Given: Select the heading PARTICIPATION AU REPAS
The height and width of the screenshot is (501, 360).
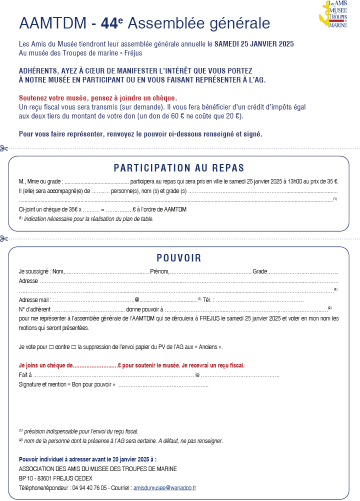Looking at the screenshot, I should click(178, 168).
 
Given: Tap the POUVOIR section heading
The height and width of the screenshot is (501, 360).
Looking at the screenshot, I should click(178, 258).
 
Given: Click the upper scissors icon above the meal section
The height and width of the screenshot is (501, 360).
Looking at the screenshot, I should click(4, 148).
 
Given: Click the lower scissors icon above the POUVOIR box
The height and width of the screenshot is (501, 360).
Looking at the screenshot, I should click(4, 238).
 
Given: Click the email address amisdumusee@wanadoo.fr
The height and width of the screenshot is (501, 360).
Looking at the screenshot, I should click(164, 487).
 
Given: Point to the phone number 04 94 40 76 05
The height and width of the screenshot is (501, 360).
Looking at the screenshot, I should click(89, 487).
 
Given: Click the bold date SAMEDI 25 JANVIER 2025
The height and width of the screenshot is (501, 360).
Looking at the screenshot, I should click(254, 44).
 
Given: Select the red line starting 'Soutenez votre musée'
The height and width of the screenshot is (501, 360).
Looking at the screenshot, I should click(98, 97).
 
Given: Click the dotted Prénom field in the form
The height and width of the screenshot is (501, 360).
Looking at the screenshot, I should click(210, 272).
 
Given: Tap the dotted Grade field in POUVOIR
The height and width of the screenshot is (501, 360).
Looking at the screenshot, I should click(303, 272).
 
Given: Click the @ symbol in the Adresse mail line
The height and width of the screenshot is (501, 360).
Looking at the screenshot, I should click(136, 300).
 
